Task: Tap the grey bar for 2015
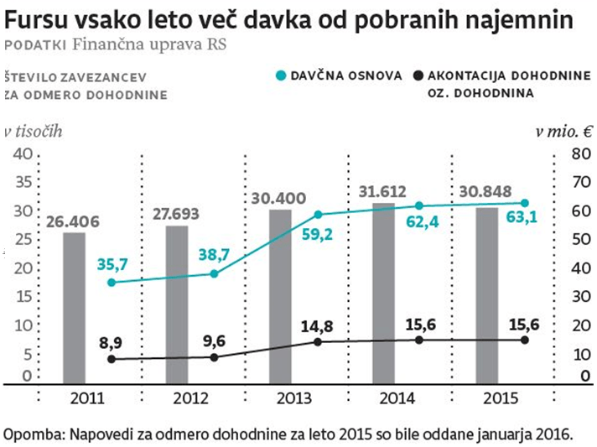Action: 486,295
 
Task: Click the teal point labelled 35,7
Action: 112,282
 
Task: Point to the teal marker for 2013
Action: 318,215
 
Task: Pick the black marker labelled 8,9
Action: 112,359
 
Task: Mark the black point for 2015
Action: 524,339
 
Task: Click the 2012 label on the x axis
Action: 192,398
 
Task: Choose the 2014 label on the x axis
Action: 398,398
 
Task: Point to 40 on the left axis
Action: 22,154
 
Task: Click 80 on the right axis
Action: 576,154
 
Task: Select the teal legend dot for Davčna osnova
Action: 282,76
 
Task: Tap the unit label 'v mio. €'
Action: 563,131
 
